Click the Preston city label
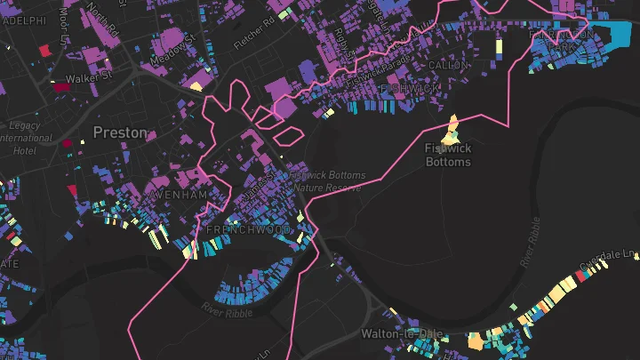120,132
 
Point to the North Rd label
104,22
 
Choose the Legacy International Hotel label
26,139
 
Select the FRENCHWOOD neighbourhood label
236,229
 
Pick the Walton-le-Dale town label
402,333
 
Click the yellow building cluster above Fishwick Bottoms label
451,132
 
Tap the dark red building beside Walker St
60,87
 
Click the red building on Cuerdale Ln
583,277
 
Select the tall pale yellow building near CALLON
499,48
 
